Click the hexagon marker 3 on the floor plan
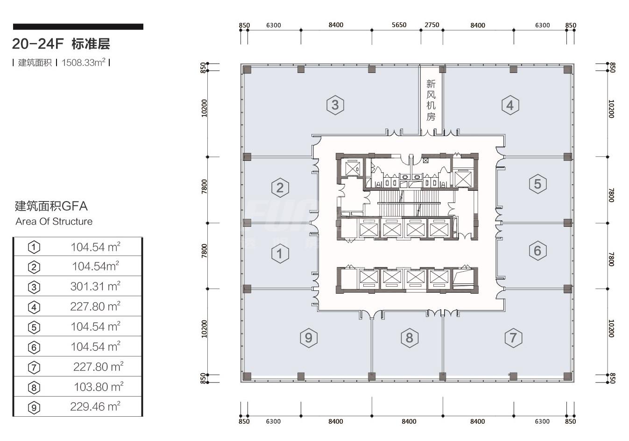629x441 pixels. [x=335, y=105]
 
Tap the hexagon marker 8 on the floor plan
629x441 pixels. [x=410, y=338]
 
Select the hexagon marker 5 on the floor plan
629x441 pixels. [x=538, y=184]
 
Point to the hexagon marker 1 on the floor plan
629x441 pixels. [x=280, y=253]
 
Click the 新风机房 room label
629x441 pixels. [x=431, y=100]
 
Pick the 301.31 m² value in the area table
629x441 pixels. [x=95, y=286]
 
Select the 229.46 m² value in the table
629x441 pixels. [x=95, y=406]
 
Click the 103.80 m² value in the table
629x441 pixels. [x=99, y=387]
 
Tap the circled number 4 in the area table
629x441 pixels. [x=34, y=307]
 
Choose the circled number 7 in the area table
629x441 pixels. [x=34, y=367]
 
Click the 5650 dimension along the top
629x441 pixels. [x=399, y=25]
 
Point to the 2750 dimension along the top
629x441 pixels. [x=432, y=25]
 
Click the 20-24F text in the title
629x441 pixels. [x=38, y=44]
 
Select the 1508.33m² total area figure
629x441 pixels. [x=84, y=63]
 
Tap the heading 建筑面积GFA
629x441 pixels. [x=51, y=206]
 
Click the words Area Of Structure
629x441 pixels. [x=54, y=222]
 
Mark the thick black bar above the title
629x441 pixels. [x=78, y=27]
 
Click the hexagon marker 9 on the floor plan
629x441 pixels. [x=309, y=338]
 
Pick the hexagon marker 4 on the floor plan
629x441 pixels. [x=510, y=105]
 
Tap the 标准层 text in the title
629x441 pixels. [x=91, y=44]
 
